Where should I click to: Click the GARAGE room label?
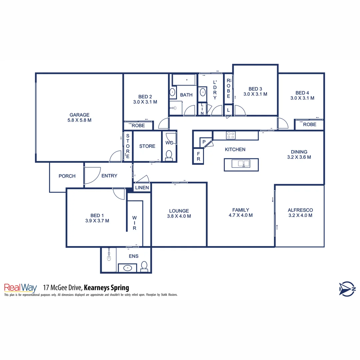coord(79,115)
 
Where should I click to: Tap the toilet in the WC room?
coord(169,155)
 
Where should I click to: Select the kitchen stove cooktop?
coord(231,135)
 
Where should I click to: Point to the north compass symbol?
coord(347,289)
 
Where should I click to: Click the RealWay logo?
coord(20,288)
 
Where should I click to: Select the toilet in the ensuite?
coord(144,266)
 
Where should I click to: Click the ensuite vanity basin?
coord(127,267)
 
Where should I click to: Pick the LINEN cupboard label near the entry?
coord(142,188)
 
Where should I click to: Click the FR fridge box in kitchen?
coord(198,156)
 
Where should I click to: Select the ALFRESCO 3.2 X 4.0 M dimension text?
coord(300,215)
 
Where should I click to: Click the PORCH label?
coord(67,176)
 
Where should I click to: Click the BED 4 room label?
coord(302,93)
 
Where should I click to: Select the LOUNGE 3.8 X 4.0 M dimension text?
coord(179,216)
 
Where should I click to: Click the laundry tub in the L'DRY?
coord(203,92)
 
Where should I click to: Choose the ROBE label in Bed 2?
coord(138,126)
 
